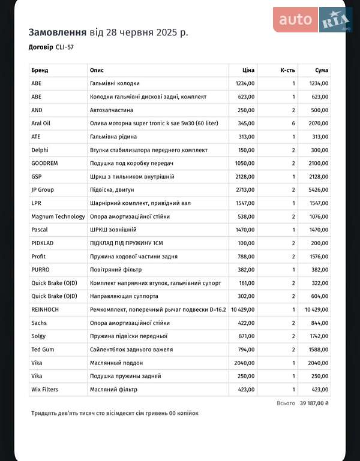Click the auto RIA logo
(312, 20)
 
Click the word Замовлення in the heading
(58, 32)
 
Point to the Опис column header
(97, 70)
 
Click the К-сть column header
(287, 70)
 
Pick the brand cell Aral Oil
(41, 123)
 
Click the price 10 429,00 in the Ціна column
(242, 309)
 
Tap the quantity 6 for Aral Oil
(293, 123)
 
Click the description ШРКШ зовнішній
(113, 230)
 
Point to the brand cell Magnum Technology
(58, 216)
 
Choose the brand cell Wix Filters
(44, 390)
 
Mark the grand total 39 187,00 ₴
(314, 403)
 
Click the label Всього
(286, 403)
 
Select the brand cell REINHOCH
(45, 309)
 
